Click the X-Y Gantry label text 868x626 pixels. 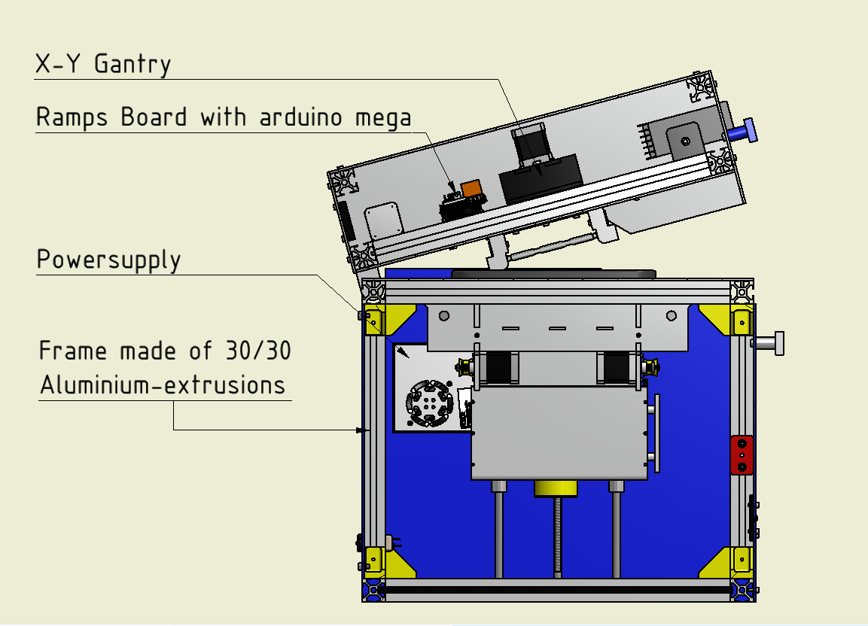pos(103,64)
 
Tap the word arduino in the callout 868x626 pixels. pos(303,117)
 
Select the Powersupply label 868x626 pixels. pos(109,260)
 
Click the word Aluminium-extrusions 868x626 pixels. pos(163,385)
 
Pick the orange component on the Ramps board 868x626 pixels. pos(472,188)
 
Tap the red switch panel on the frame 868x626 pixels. pos(742,454)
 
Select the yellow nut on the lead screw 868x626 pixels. pos(556,489)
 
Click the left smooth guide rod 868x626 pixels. pos(499,530)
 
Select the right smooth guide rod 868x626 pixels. pos(617,530)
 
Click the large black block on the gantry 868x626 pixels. pos(541,178)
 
